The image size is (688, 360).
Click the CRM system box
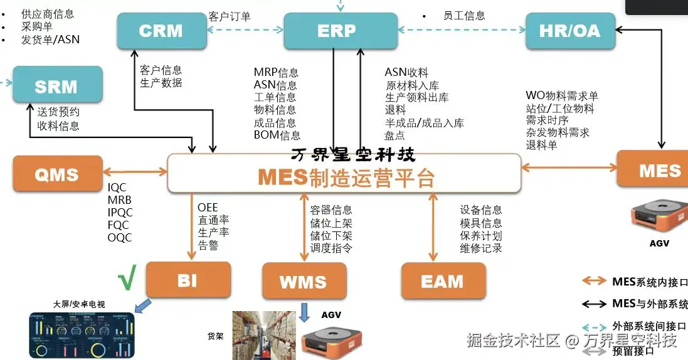[x=161, y=31]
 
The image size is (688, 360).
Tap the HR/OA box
[x=569, y=31]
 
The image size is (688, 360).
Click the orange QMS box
[x=57, y=174]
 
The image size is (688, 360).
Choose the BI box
[x=188, y=280]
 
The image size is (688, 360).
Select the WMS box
[x=304, y=281]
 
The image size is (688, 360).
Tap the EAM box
[x=443, y=281]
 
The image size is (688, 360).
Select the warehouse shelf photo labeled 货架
[x=263, y=335]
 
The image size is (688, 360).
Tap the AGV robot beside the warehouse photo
[x=331, y=341]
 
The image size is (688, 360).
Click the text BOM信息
[x=277, y=135]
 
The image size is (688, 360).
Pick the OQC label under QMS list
[x=120, y=237]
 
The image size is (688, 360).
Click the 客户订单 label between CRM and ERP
[x=229, y=17]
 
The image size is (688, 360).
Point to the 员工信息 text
[x=464, y=16]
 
